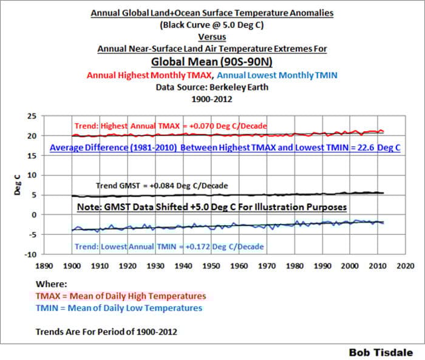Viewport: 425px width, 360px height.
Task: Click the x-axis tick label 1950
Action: point(211,266)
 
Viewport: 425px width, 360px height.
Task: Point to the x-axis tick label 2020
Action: point(406,266)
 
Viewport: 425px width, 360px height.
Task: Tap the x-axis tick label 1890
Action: point(43,266)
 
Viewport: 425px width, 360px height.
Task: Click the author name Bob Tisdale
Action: point(381,352)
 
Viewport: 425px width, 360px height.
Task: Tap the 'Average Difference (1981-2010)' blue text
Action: point(225,148)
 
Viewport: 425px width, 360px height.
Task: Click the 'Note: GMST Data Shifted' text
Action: point(212,207)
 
